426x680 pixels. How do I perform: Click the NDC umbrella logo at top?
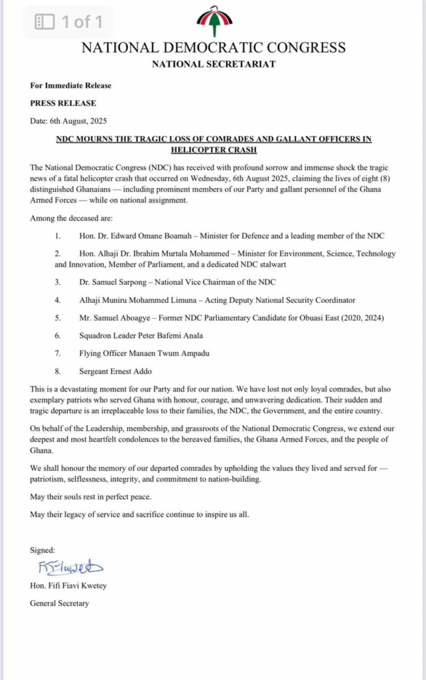[x=214, y=21]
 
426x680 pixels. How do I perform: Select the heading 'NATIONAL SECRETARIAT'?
[x=213, y=64]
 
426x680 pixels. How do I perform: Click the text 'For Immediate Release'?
[x=70, y=86]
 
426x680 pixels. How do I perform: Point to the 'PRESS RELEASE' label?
[x=63, y=103]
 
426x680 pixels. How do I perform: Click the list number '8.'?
[x=58, y=371]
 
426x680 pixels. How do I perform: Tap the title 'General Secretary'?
[x=59, y=604]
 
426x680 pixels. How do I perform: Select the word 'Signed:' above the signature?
[x=43, y=551]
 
